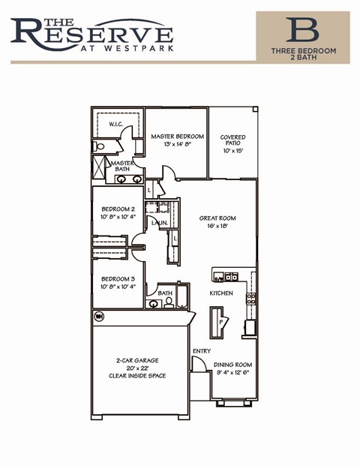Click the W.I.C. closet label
[115, 124]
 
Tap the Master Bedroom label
[177, 137]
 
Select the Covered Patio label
[232, 137]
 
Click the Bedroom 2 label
[118, 209]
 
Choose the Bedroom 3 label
[118, 278]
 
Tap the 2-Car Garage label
[136, 360]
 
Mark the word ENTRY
[202, 351]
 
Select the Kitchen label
[220, 293]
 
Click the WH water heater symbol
[98, 316]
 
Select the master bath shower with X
[99, 167]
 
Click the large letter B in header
[301, 30]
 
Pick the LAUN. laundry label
[158, 223]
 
